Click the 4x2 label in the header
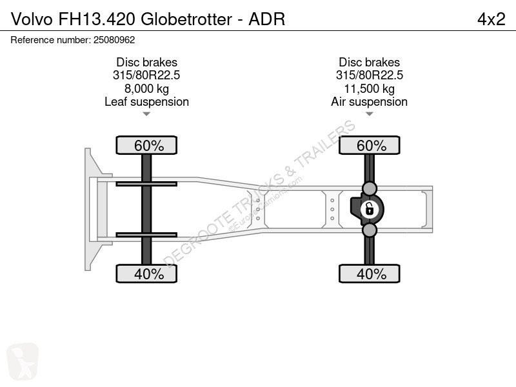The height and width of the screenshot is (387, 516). (491, 19)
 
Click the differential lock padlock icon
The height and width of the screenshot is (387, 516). (370, 208)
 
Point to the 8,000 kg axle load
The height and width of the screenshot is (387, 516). (146, 88)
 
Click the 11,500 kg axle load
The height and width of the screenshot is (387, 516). (370, 88)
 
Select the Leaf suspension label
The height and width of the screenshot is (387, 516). (146, 102)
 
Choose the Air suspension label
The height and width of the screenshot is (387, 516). (370, 102)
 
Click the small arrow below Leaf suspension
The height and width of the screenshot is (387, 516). (146, 114)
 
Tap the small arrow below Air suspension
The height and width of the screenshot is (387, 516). (370, 114)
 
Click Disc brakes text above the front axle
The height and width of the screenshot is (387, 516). (146, 63)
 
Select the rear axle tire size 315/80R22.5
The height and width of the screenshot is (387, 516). (370, 75)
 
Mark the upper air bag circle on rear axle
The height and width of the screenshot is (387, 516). (370, 188)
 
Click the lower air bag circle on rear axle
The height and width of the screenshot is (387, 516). (370, 230)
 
